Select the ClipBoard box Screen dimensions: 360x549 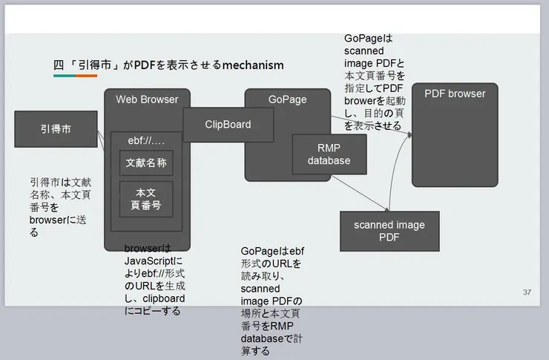(x=228, y=125)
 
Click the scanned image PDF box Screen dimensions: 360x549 (x=389, y=231)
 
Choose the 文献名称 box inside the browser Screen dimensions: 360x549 (x=146, y=163)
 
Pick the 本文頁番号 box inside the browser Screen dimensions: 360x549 (x=146, y=199)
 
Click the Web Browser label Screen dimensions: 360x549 (x=147, y=99)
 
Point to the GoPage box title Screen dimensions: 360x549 (x=287, y=99)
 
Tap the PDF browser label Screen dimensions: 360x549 (x=455, y=94)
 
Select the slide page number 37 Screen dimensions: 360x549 (x=527, y=292)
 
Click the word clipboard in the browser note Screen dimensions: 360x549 (x=162, y=298)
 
